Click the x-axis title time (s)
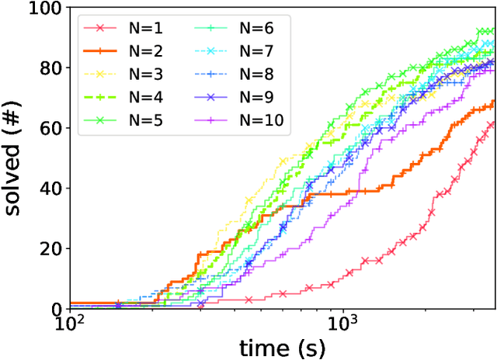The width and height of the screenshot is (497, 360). click(283, 348)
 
